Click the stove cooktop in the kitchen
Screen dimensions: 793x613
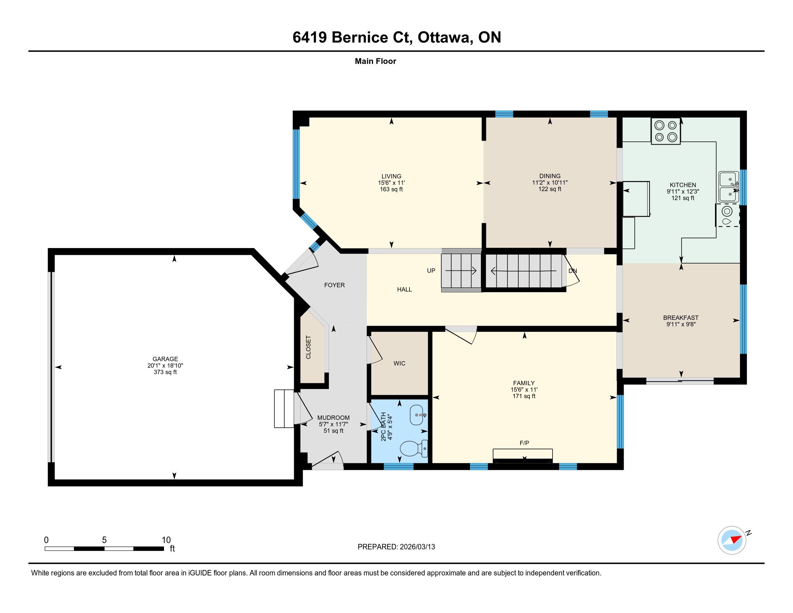(665, 131)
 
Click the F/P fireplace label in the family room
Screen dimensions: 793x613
(524, 443)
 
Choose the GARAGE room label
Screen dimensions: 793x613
(165, 359)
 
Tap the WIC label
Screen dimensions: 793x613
(399, 363)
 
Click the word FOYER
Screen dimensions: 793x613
(335, 285)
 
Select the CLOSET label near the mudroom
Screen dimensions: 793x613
(308, 347)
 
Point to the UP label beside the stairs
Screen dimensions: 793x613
(431, 270)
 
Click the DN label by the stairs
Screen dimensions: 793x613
(573, 271)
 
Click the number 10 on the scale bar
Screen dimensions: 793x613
(166, 540)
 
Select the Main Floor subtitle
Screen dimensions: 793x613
(376, 61)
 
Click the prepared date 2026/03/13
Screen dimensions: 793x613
(417, 547)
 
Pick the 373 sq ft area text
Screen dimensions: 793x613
(165, 372)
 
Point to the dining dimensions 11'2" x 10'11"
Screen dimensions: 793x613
(550, 183)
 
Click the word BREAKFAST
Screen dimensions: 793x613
(681, 318)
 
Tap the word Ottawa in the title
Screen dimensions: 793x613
(443, 38)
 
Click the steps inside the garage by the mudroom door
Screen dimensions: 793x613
(284, 409)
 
